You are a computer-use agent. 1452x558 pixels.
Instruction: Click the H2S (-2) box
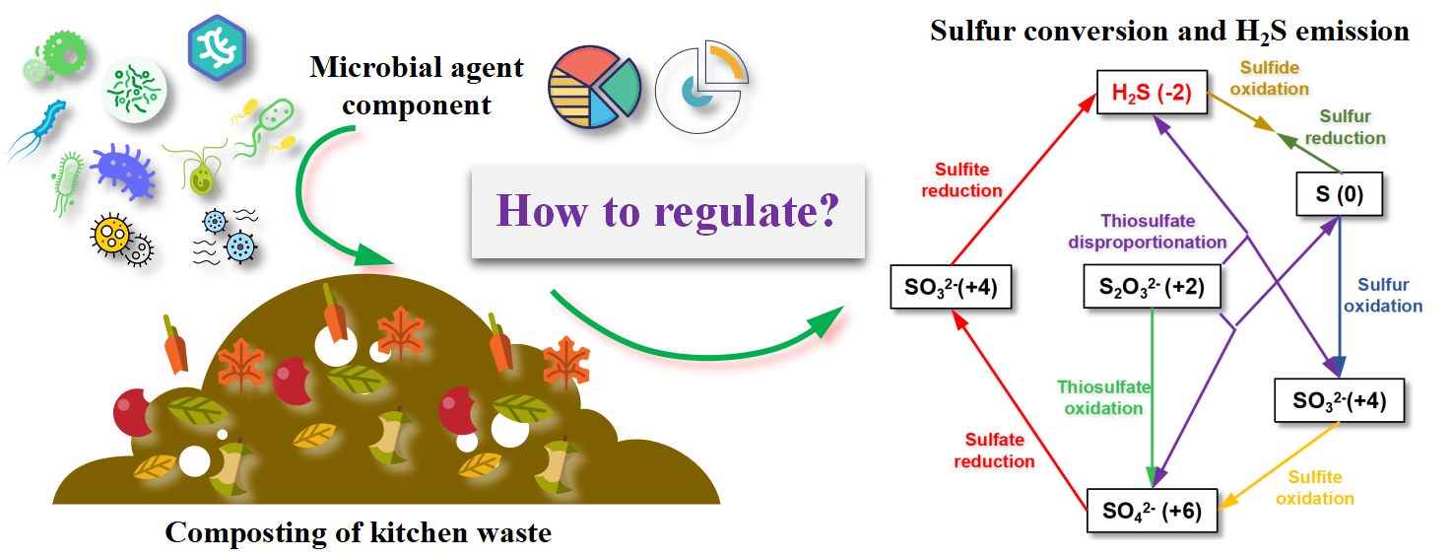(x=1151, y=93)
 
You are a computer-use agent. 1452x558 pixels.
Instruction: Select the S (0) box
(x=1338, y=194)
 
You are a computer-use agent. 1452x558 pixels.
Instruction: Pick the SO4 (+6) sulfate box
(x=1150, y=511)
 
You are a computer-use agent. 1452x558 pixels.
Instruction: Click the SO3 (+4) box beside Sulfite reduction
(x=952, y=288)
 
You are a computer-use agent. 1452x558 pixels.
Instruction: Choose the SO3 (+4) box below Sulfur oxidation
(x=1338, y=400)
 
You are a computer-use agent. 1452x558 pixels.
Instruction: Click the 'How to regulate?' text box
(x=667, y=213)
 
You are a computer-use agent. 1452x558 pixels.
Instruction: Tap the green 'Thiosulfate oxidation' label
(x=1103, y=397)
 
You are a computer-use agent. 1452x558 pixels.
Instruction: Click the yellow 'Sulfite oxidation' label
(x=1314, y=488)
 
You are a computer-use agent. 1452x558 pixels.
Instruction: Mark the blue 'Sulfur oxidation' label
(x=1383, y=295)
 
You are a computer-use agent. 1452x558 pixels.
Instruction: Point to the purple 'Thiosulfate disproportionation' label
(x=1163, y=232)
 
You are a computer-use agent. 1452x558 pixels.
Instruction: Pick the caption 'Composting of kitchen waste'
(x=358, y=533)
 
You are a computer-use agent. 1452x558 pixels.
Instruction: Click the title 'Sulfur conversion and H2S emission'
(x=1169, y=30)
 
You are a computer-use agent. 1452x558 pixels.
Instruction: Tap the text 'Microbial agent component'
(x=416, y=86)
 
